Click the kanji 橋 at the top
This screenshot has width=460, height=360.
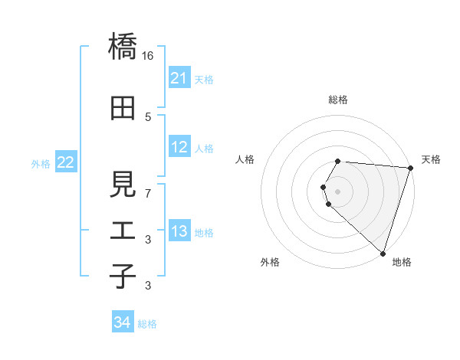tap(123, 47)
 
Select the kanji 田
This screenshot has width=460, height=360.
tap(123, 108)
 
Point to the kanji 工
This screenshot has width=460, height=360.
tap(123, 231)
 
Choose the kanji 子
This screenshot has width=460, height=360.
tap(123, 277)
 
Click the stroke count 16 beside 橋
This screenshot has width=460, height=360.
tap(148, 56)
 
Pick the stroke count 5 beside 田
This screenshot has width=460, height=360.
tap(148, 116)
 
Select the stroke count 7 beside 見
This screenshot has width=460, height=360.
tap(148, 193)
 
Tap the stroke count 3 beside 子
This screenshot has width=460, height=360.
tap(148, 286)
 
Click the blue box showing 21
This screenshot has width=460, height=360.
tap(179, 78)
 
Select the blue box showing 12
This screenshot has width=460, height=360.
tap(179, 147)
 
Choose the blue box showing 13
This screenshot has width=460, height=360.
tap(179, 231)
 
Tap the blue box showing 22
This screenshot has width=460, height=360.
tap(66, 162)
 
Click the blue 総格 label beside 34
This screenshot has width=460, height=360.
tap(148, 324)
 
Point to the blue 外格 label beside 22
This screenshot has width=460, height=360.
tap(41, 164)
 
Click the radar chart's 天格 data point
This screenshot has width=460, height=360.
tap(409, 169)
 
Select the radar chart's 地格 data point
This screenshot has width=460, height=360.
tap(383, 253)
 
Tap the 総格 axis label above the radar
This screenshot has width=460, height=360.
tap(338, 100)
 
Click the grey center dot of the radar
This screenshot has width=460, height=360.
tap(338, 191)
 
